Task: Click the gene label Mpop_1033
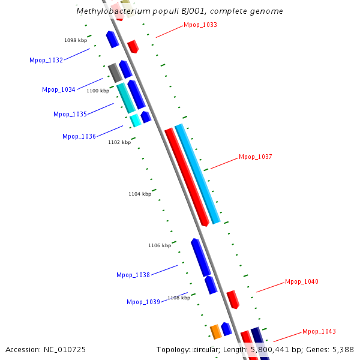(200, 25)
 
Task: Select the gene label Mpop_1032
(46, 60)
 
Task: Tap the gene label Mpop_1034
(59, 89)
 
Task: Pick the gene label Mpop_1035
(70, 114)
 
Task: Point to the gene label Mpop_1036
(79, 136)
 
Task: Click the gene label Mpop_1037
(256, 157)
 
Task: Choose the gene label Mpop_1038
(133, 275)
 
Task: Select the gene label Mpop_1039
(143, 302)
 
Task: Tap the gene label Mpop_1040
(302, 281)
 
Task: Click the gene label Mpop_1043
(319, 331)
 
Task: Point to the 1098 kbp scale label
(76, 40)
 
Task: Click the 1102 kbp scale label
(119, 142)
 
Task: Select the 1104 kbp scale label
(140, 194)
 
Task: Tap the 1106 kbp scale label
(160, 245)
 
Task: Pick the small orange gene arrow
(215, 331)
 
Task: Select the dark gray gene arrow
(115, 73)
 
